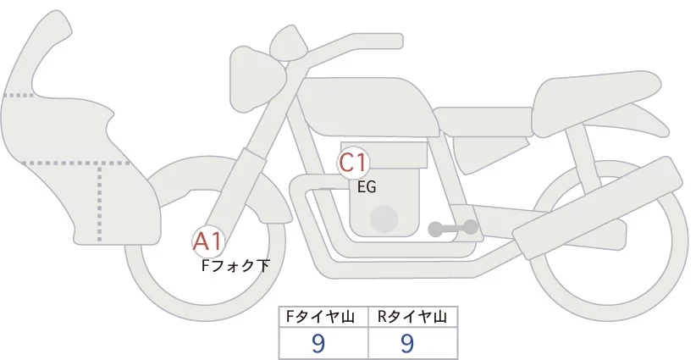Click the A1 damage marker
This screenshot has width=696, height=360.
(207, 242)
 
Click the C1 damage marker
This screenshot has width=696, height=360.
(352, 162)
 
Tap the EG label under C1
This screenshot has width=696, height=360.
(367, 187)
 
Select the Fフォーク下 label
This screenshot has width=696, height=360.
(235, 266)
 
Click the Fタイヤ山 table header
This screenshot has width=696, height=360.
(323, 317)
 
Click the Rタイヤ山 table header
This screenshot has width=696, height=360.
(412, 317)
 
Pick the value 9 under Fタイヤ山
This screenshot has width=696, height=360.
(318, 342)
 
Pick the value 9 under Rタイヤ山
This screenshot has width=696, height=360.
(407, 342)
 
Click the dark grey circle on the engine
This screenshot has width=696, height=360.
(385, 219)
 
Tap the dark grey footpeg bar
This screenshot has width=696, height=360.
(453, 228)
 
